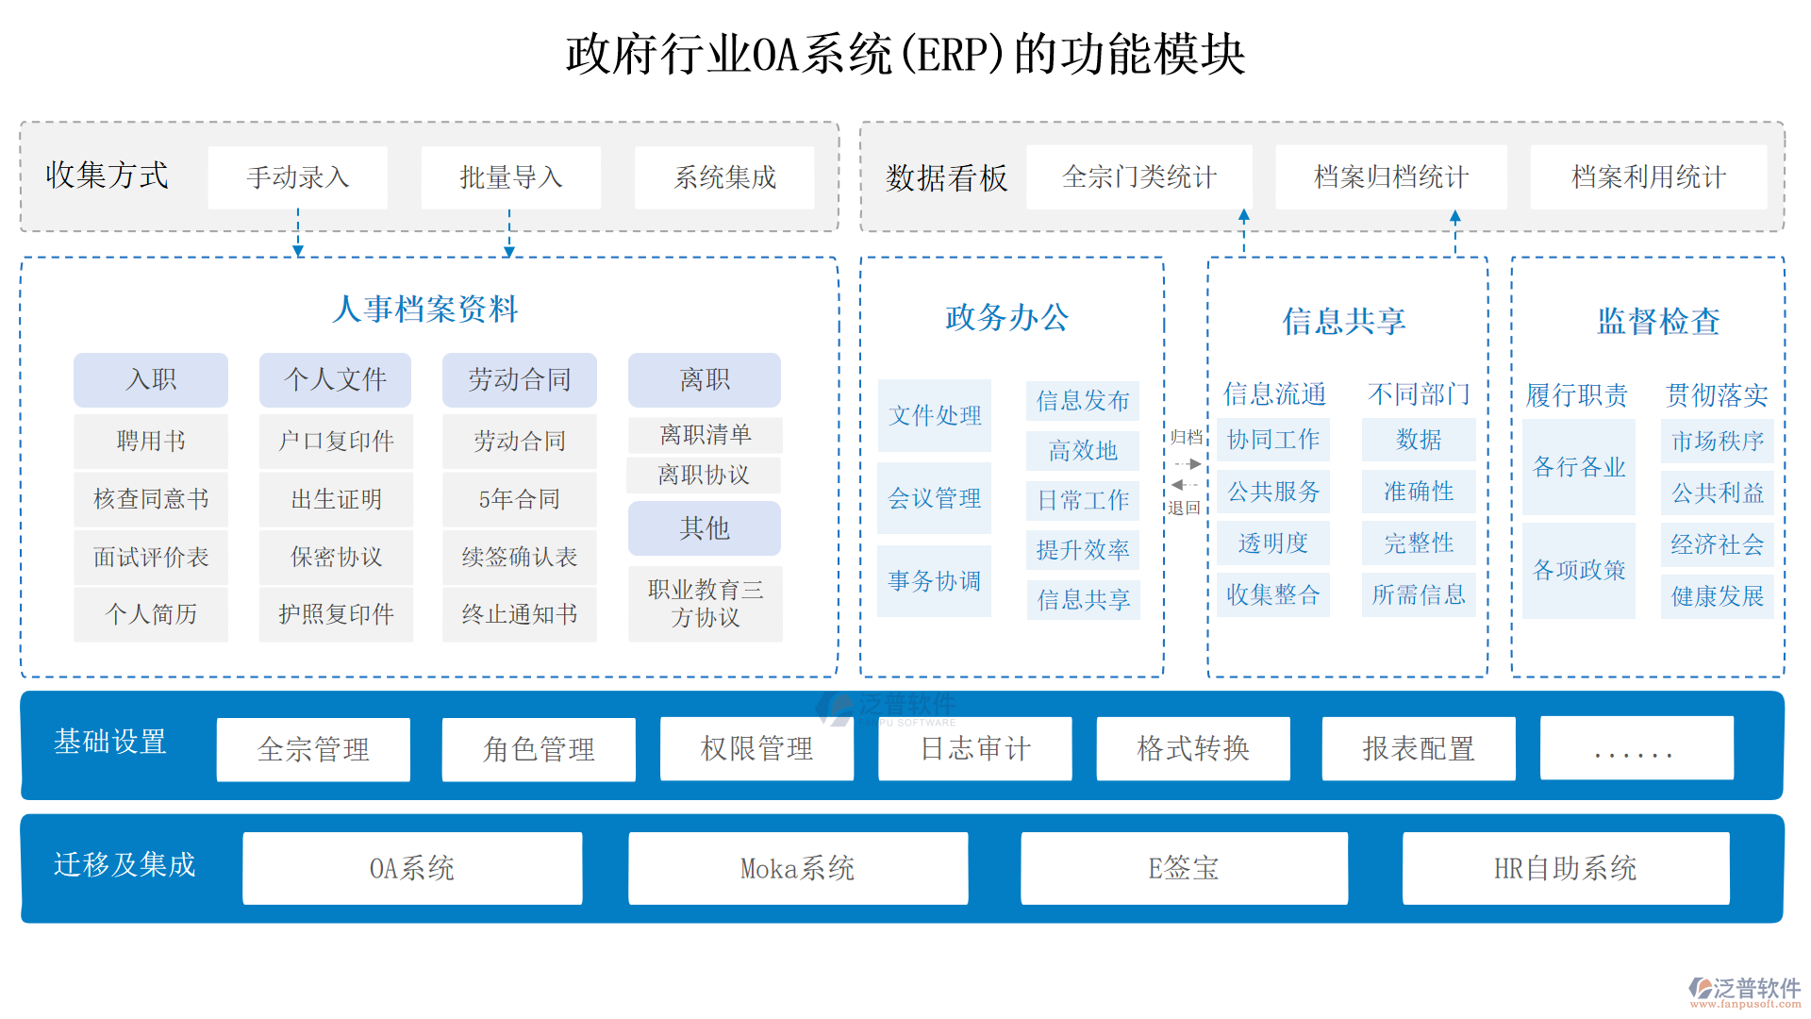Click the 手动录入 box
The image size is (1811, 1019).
click(297, 177)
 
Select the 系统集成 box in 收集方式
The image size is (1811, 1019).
click(723, 177)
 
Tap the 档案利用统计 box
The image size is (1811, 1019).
click(1647, 177)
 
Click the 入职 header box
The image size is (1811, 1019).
click(151, 379)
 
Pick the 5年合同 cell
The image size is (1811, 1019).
click(519, 499)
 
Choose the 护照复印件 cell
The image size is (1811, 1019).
click(336, 614)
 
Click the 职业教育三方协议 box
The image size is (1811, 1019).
click(705, 604)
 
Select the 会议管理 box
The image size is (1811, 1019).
click(934, 498)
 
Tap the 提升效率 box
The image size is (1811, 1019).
click(1082, 550)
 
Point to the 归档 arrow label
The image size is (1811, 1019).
click(1186, 438)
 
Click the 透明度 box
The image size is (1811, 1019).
click(1272, 543)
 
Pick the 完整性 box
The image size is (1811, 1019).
click(1418, 543)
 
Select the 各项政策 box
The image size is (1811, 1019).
click(1578, 570)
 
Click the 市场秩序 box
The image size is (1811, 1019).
click(1717, 441)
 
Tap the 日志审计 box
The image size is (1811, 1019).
click(974, 749)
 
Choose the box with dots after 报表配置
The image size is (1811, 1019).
click(1636, 749)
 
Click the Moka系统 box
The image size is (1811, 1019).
click(797, 868)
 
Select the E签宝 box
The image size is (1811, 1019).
click(1183, 868)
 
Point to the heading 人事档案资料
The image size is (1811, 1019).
click(425, 309)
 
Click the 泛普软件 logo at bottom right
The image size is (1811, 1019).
click(1744, 991)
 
